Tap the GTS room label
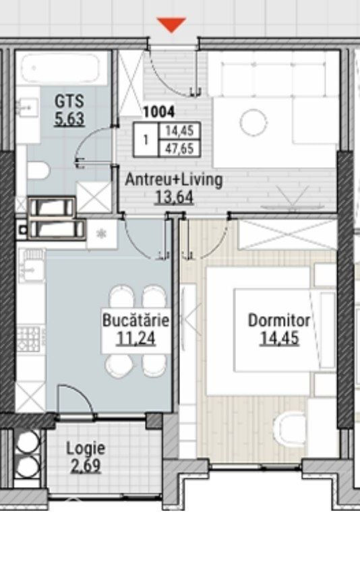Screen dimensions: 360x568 (69, 101)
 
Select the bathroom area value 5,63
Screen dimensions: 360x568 (69, 119)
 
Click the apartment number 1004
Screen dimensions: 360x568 (159, 112)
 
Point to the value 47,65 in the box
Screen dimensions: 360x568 (179, 148)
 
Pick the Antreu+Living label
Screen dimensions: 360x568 (174, 180)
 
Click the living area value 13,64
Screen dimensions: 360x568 (174, 198)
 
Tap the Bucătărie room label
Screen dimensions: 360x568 (136, 320)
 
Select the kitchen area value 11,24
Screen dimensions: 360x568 (136, 338)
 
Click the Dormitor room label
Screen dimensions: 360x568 (279, 320)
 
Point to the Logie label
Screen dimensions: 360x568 (86, 449)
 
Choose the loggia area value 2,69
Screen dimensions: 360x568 (86, 466)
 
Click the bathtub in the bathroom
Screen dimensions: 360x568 (60, 69)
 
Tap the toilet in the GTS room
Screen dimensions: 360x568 (38, 170)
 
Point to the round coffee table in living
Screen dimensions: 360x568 (253, 123)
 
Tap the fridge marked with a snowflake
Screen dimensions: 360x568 (101, 234)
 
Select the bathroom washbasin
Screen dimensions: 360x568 (27, 107)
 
